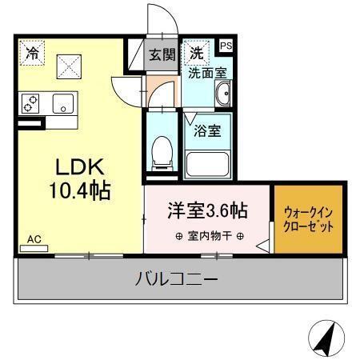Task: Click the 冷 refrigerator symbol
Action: pos(32,54)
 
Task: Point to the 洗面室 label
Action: pos(206,73)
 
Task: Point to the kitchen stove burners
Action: pos(32,103)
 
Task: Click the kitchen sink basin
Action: pos(62,103)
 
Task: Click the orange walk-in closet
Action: pos(308,220)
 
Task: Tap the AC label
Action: pos(34,238)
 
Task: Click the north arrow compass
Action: pos(326,339)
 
